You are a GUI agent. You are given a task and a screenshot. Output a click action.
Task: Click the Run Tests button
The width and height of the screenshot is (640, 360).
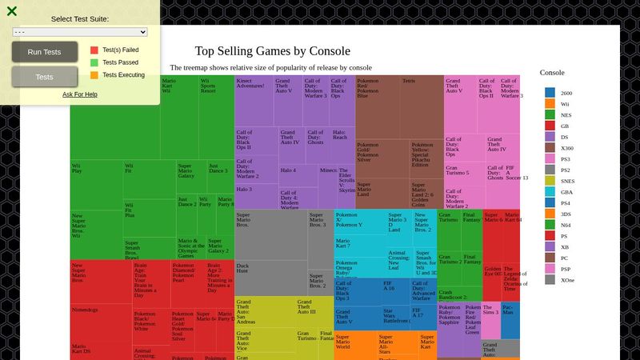click(44, 52)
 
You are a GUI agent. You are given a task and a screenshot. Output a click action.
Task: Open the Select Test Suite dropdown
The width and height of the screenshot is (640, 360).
click(80, 32)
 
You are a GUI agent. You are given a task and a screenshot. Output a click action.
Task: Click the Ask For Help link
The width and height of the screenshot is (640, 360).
click(80, 94)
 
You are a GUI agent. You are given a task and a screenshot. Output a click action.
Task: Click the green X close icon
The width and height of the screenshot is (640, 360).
click(11, 11)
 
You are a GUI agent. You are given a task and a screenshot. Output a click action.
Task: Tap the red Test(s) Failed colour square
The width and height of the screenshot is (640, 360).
click(94, 50)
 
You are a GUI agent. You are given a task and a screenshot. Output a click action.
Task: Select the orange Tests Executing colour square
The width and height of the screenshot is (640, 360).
click(94, 75)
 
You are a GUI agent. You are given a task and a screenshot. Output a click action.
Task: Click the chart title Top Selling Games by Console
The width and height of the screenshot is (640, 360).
click(272, 51)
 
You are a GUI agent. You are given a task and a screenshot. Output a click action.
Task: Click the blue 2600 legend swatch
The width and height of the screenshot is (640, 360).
click(550, 93)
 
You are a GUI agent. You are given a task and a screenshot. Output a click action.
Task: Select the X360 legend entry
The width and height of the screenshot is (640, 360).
click(566, 148)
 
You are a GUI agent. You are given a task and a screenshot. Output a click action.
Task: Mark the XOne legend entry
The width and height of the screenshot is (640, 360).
click(566, 280)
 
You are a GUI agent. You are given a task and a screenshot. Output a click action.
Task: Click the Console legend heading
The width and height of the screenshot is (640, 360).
click(552, 73)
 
